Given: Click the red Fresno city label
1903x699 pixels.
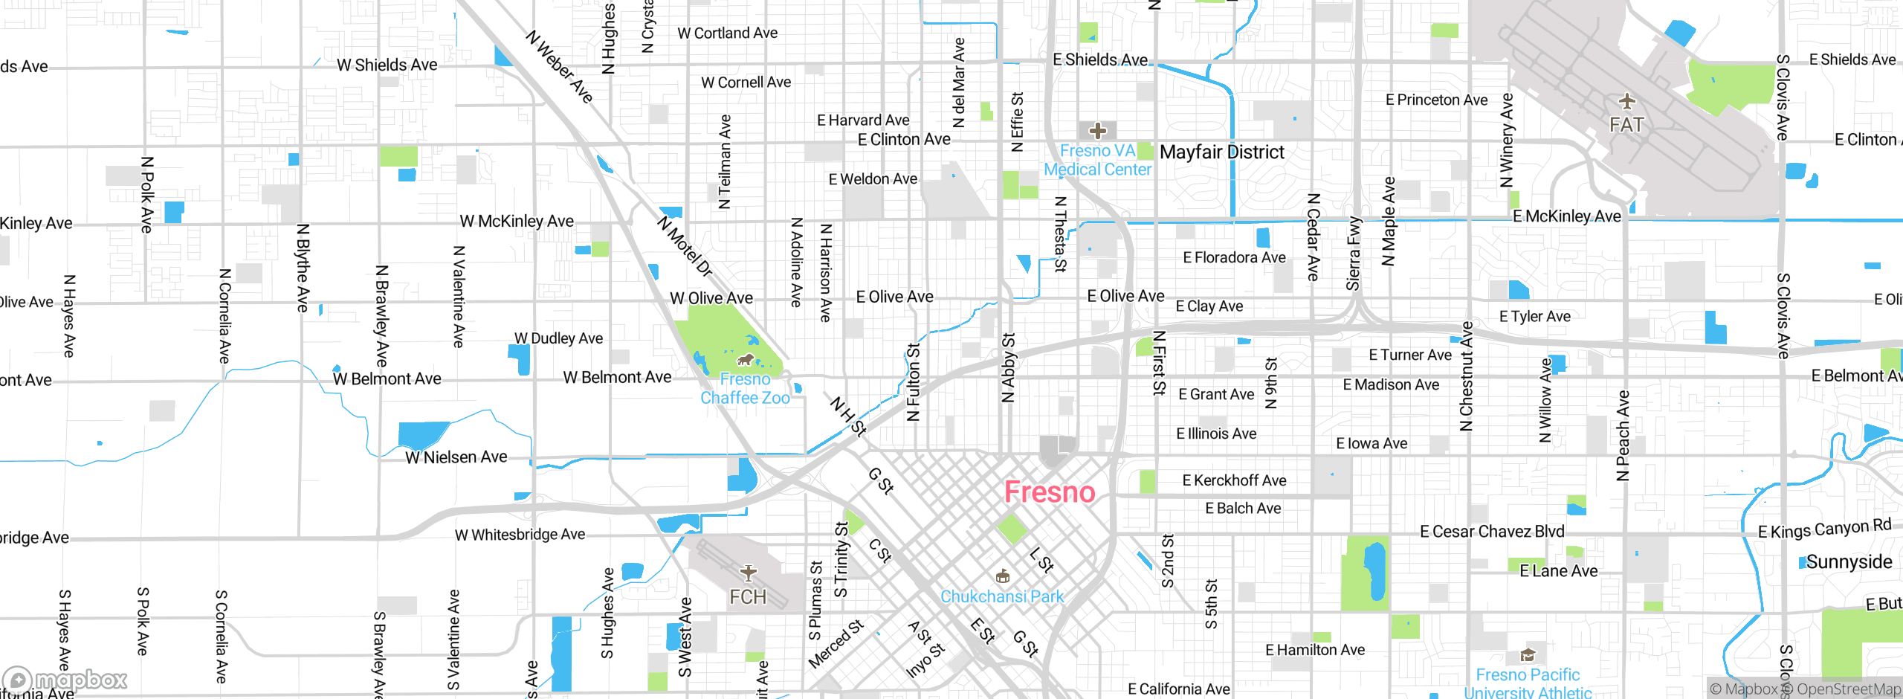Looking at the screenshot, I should click(x=1050, y=492).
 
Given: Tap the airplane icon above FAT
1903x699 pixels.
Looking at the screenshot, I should click(x=1626, y=101).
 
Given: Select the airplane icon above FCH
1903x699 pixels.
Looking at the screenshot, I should click(x=748, y=572).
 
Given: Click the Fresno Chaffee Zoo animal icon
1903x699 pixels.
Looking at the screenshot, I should click(x=745, y=361).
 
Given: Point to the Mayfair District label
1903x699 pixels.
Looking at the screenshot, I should click(x=1221, y=152).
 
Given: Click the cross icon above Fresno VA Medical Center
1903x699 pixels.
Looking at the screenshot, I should click(x=1097, y=131).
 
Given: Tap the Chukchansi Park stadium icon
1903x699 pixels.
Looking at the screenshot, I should click(x=1002, y=576).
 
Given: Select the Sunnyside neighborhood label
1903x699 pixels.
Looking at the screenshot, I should click(x=1849, y=562).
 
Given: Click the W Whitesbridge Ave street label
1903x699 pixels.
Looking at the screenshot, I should click(x=520, y=535).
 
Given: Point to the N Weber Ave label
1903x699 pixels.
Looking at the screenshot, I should click(x=559, y=67).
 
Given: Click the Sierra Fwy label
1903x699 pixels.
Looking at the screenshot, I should click(x=1354, y=254).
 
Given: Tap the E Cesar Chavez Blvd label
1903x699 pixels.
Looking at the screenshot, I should click(x=1492, y=532).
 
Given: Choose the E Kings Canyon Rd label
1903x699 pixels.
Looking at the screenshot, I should click(x=1824, y=529).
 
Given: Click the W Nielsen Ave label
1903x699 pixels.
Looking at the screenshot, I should click(x=456, y=457).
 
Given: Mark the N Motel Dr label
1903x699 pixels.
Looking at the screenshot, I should click(x=685, y=246).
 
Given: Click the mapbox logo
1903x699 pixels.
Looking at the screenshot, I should click(x=65, y=680).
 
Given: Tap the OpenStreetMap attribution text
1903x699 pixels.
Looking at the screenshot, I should click(x=1848, y=689).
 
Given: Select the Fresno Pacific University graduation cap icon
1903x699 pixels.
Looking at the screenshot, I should click(x=1527, y=655).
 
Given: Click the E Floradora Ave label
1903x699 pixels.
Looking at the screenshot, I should click(x=1234, y=258).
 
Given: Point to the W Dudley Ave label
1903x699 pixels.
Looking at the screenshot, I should click(x=558, y=338).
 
